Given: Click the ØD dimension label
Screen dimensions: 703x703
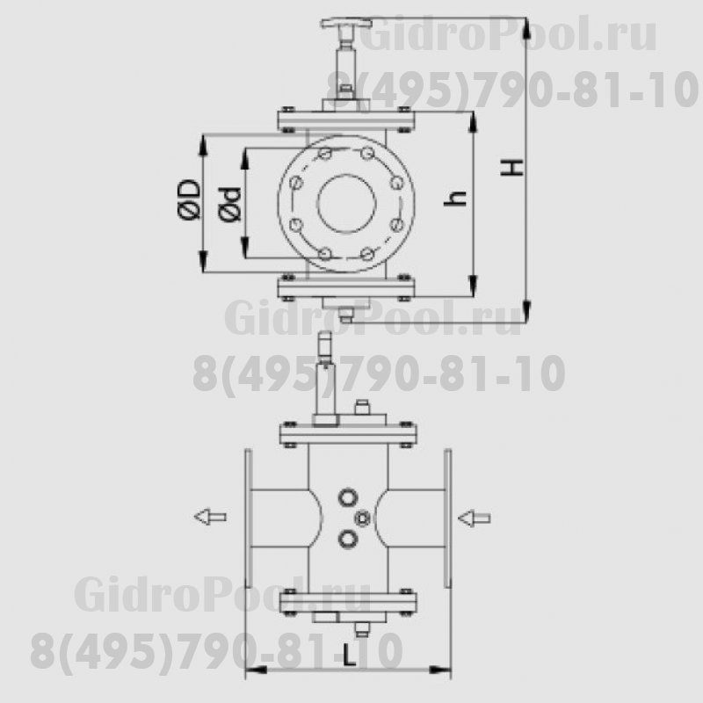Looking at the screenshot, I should tap(188, 201).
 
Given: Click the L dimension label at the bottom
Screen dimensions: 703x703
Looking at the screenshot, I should tap(350, 656).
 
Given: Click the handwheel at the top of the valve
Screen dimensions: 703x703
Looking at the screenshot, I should tap(344, 22).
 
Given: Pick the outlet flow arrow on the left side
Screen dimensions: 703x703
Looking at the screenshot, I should tap(210, 517).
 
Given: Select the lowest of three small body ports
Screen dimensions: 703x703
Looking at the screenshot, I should tap(349, 538).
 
